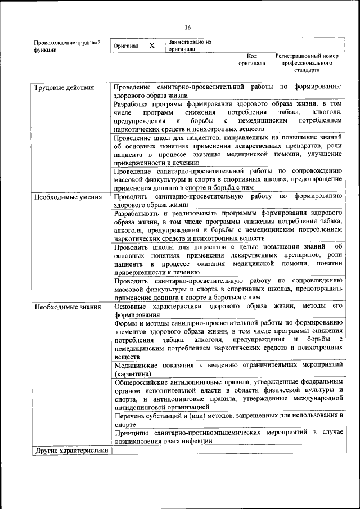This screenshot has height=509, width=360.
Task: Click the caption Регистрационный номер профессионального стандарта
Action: click(x=307, y=64)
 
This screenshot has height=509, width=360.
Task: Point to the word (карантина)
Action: click(x=132, y=374)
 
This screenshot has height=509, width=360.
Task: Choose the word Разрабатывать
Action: click(x=139, y=214)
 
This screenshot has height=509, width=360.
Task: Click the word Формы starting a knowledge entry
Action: click(x=125, y=323)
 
